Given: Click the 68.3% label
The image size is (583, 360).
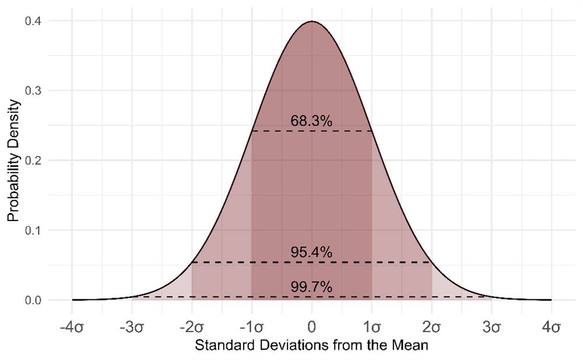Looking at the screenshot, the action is click(x=311, y=121).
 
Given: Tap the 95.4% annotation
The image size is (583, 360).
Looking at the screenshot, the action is click(x=311, y=252).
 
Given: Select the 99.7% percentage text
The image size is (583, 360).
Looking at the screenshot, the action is click(x=311, y=286).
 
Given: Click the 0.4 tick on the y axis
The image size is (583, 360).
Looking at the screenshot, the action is click(x=33, y=21).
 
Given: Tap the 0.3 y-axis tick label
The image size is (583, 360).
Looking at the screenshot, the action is click(x=33, y=91).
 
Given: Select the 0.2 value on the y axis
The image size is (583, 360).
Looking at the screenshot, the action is click(x=33, y=160).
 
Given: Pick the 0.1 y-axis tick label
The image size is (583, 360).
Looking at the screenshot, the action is click(x=33, y=230).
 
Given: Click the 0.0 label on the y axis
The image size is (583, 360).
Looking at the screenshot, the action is click(x=33, y=300).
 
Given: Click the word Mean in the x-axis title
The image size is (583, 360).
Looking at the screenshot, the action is click(x=410, y=345).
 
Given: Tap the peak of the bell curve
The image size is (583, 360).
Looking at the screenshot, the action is click(x=312, y=21).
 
